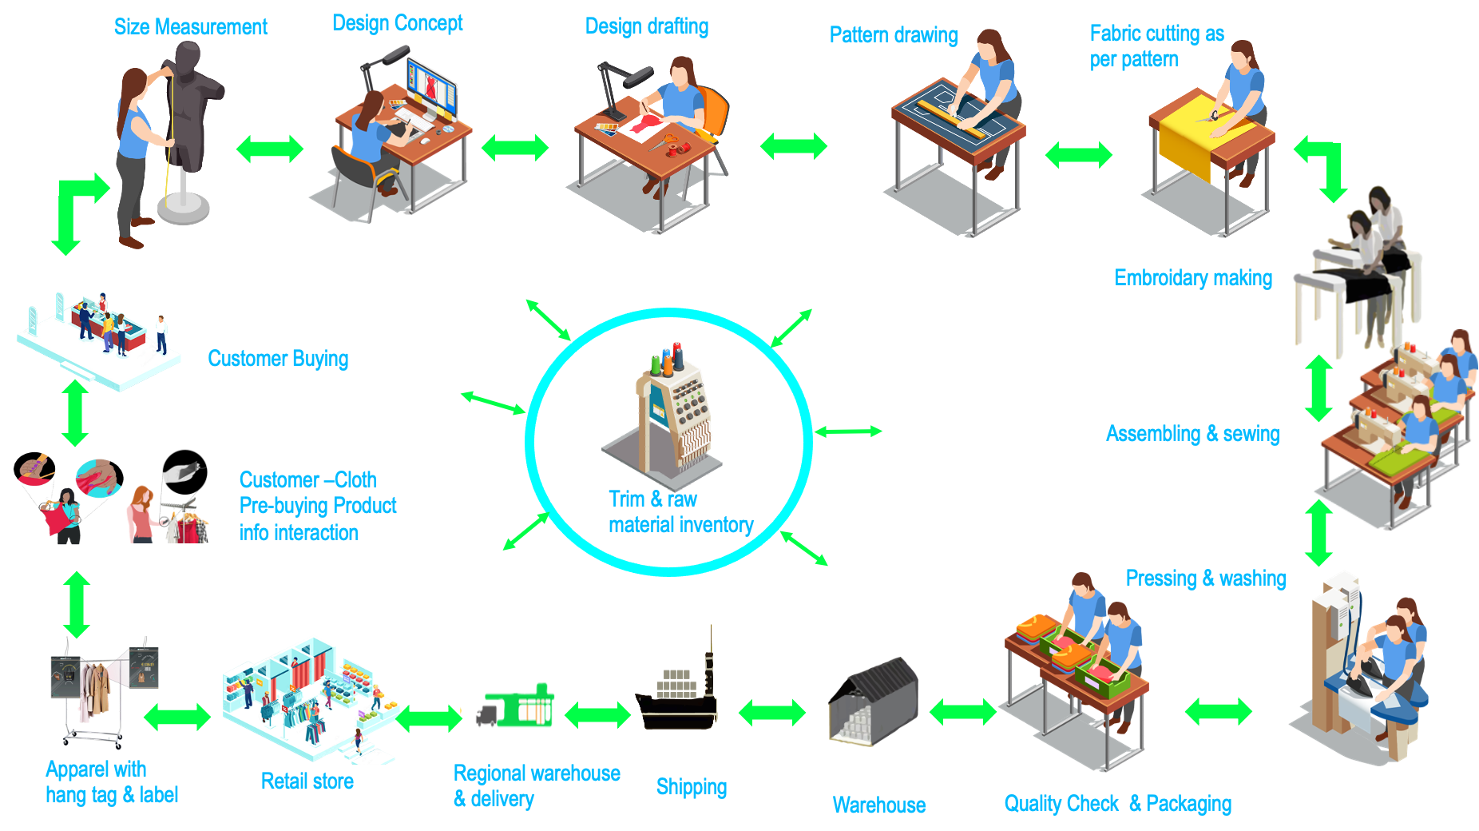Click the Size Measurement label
190,27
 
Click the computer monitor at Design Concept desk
432,88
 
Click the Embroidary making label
1193,278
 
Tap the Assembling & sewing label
1192,434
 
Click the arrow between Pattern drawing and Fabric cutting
1078,154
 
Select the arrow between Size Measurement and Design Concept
270,149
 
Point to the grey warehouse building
874,703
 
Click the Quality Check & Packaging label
1117,804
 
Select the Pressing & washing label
1205,579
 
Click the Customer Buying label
278,359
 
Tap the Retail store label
307,781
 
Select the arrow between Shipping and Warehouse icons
772,712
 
